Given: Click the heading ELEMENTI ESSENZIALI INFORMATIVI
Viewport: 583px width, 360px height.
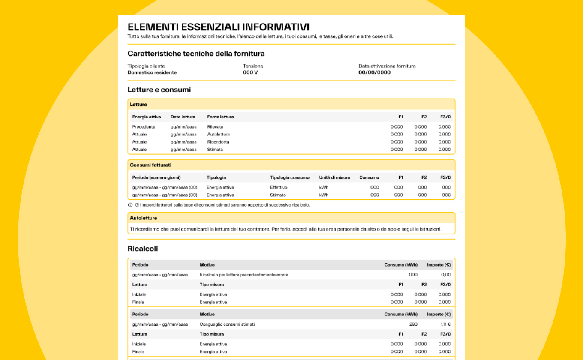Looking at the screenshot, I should coord(218,27).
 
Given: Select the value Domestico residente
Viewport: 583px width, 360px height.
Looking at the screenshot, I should coord(152,72).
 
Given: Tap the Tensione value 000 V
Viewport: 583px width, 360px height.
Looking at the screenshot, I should coord(250,72).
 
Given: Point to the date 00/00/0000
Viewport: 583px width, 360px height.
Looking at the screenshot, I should coord(374,72).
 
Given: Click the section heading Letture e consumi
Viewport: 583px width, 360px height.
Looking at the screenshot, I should coord(159,90).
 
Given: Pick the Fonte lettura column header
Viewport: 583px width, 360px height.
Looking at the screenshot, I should coord(220,117).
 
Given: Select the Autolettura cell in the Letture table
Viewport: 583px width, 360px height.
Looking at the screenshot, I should coord(219,135).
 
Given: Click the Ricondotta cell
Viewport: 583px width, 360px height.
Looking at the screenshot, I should coord(218,142).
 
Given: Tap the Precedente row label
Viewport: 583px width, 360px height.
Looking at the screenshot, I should coord(144,127).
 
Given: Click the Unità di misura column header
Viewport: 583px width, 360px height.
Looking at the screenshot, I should coord(334,177).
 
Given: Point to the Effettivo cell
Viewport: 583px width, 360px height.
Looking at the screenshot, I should coord(279,187).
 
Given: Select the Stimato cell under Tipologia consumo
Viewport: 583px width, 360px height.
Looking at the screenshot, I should coord(278,195).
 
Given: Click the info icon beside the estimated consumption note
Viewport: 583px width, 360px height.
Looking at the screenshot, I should coord(130,205).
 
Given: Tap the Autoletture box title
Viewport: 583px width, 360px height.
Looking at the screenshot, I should coord(143,218).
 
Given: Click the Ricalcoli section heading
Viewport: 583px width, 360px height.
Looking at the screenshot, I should coord(143,249).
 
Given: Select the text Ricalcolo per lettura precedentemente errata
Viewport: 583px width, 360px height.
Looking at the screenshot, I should coord(244,275).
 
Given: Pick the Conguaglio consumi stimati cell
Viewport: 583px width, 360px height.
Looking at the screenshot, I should coord(227,324).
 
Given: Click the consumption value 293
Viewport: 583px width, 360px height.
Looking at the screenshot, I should coord(413,324).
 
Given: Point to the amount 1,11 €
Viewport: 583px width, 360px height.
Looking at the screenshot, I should coord(445,324).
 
